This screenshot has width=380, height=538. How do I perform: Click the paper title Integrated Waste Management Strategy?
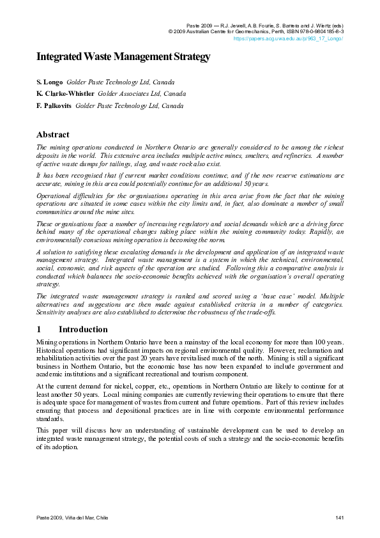tap(123, 57)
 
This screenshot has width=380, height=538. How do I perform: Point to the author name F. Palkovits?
tap(54, 105)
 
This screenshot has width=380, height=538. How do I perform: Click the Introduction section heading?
tap(83, 330)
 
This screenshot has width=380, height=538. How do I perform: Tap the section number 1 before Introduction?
tap(39, 330)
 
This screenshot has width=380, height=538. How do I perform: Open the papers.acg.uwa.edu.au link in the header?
tap(289, 38)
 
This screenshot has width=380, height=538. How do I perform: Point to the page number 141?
tap(340, 516)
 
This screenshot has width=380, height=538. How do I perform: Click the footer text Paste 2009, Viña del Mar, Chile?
tap(72, 516)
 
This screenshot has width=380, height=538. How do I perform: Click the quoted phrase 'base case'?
tap(239, 296)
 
